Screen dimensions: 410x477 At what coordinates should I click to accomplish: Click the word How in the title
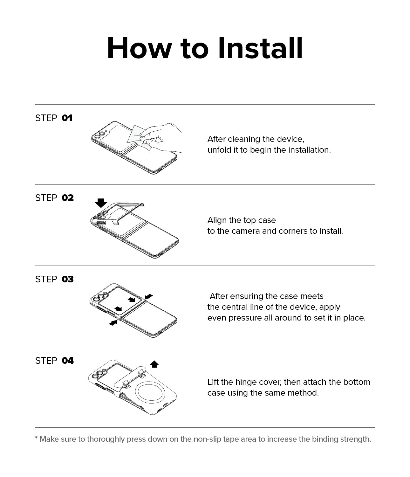(x=139, y=48)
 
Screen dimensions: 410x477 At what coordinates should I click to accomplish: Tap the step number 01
(x=67, y=118)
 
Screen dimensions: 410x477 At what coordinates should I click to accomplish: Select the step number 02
(x=68, y=198)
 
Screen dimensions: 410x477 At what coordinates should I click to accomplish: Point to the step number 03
(x=68, y=279)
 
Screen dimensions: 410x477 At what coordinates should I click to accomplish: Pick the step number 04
(x=68, y=361)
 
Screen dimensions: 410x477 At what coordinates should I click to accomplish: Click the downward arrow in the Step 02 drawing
(x=101, y=203)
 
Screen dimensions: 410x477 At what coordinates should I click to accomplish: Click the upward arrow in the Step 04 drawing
(x=154, y=364)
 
